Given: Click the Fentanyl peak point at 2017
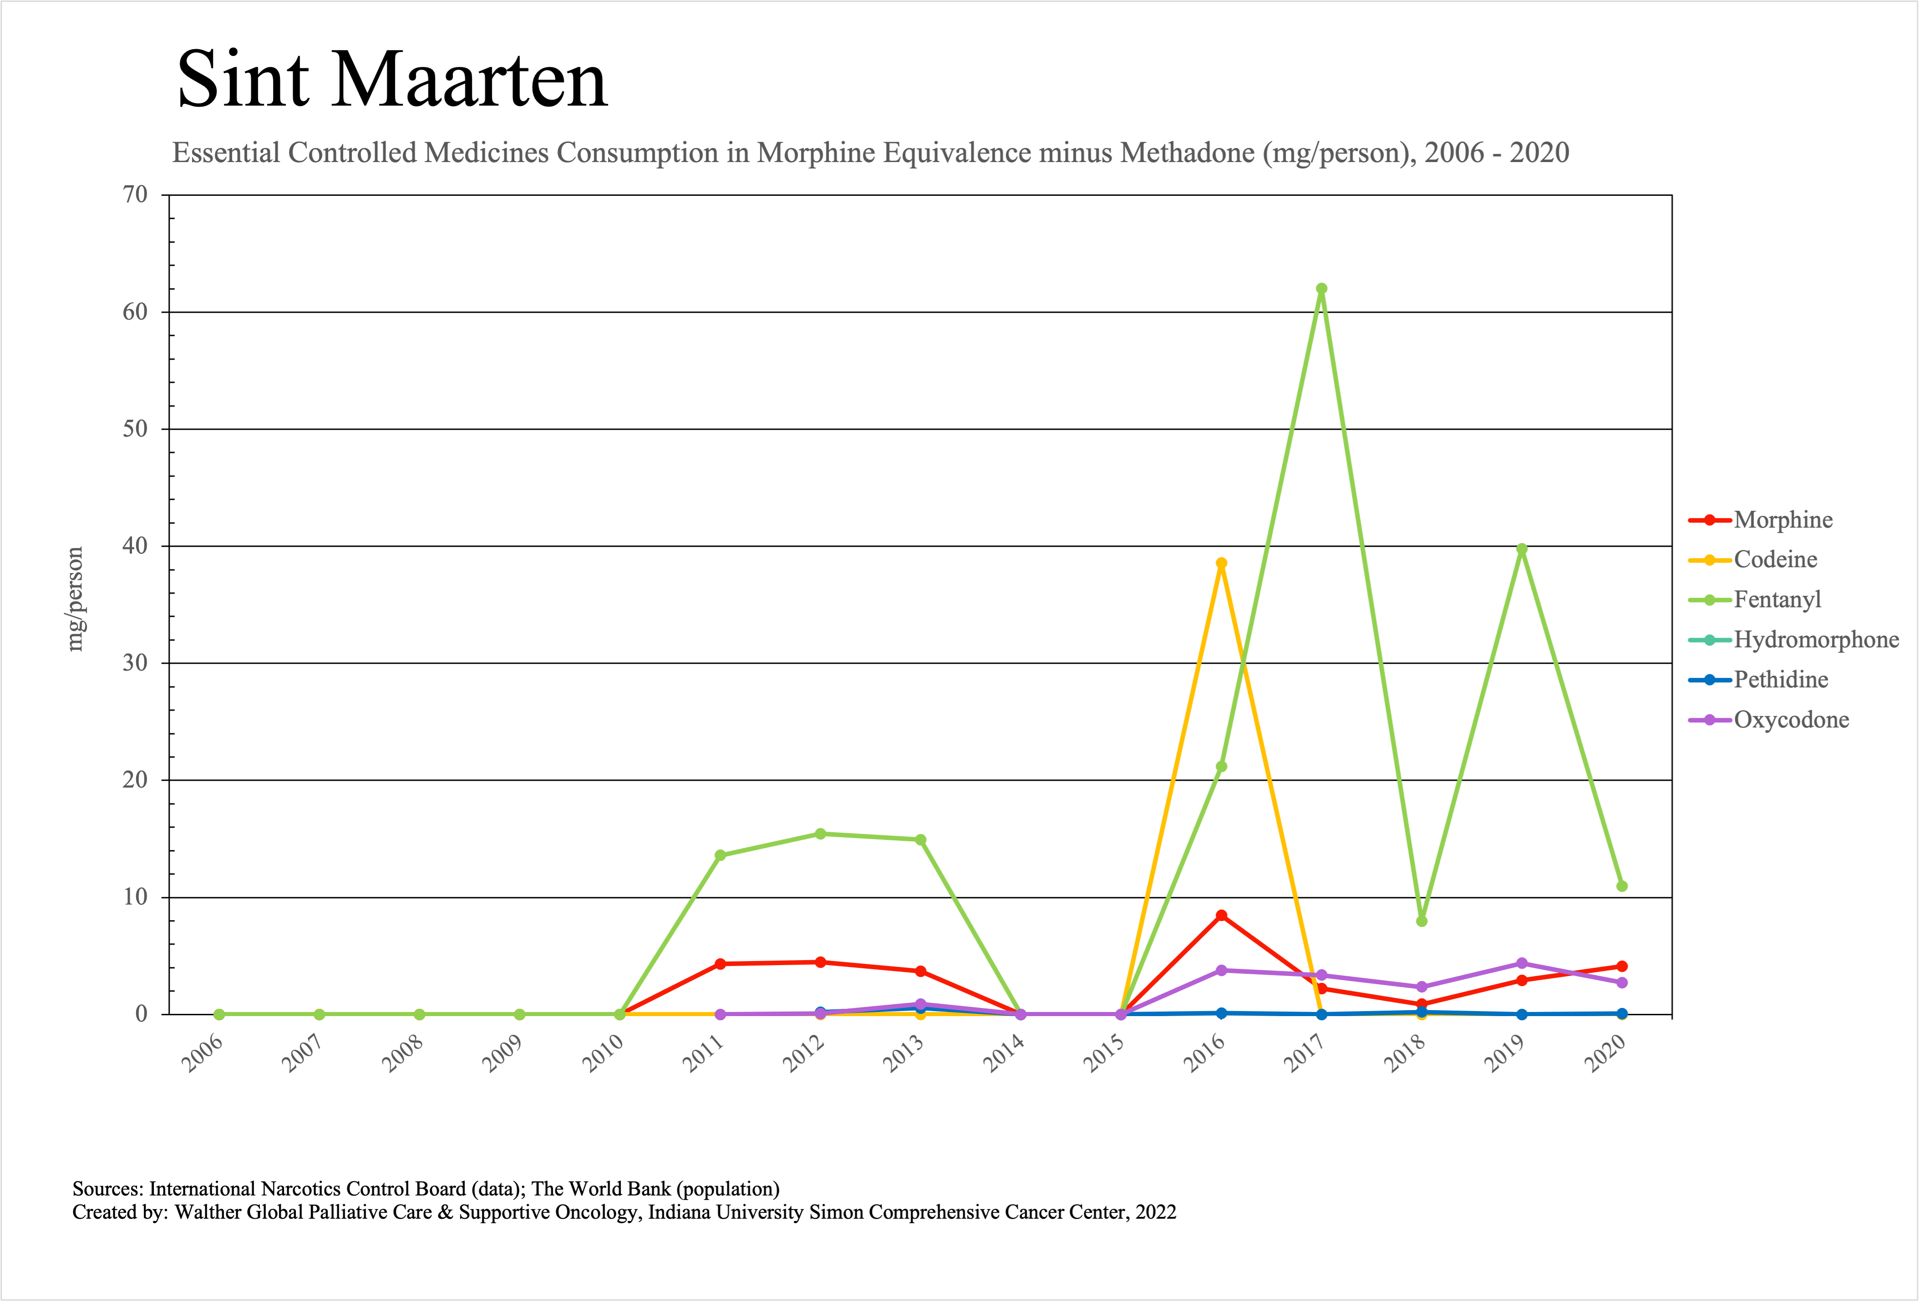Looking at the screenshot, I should (x=1321, y=290).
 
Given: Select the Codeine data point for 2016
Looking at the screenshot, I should (x=1221, y=564).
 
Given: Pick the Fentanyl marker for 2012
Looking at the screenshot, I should (x=820, y=834).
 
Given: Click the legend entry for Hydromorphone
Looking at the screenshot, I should (x=1815, y=640).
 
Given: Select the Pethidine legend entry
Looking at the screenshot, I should (x=1780, y=680).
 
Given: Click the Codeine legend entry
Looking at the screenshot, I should (x=1775, y=559).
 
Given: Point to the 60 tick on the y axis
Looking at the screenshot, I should (x=135, y=312).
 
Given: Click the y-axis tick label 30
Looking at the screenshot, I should (x=135, y=663).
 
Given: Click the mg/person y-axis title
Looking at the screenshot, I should (x=75, y=600).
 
